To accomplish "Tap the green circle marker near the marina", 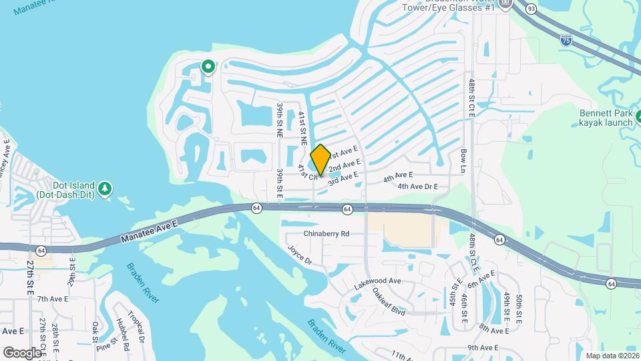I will (208, 66).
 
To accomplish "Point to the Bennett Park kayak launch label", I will (604, 119).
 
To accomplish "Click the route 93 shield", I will (531, 9).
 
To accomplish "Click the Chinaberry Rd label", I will (327, 234).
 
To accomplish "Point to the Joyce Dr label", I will (300, 256).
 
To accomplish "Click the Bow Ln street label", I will (463, 160).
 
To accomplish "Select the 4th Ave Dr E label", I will (417, 187).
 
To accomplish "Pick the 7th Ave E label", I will (53, 299).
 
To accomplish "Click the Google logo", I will (23, 352).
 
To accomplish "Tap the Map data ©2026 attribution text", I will (612, 356).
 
